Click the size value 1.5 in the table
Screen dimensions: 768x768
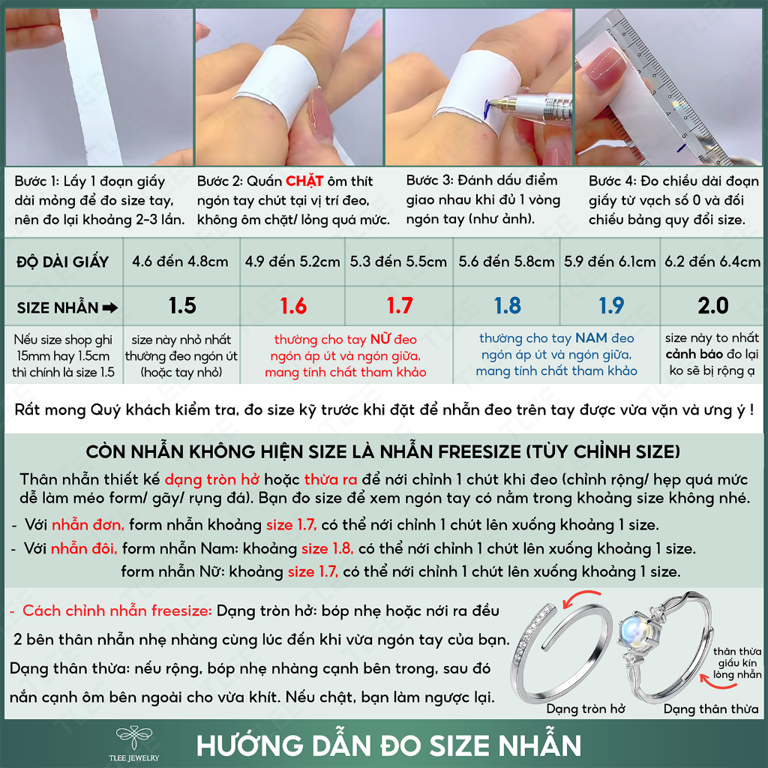[182, 306]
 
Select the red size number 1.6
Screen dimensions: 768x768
[293, 306]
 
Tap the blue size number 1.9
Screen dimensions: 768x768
[610, 306]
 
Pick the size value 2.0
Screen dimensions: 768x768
[713, 306]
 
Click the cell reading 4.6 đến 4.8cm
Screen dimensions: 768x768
[180, 262]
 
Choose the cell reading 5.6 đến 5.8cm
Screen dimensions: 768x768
[506, 262]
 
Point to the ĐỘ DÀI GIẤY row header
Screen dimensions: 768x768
[63, 262]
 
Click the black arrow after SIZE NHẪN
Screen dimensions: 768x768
[110, 308]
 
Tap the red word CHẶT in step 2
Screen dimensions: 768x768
[304, 181]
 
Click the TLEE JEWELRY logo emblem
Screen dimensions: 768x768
[133, 738]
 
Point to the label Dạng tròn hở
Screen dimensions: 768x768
[586, 709]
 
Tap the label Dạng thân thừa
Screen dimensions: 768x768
[711, 709]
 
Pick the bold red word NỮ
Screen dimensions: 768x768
[380, 339]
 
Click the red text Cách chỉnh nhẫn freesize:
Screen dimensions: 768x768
[117, 610]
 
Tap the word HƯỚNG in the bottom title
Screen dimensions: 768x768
[250, 746]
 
